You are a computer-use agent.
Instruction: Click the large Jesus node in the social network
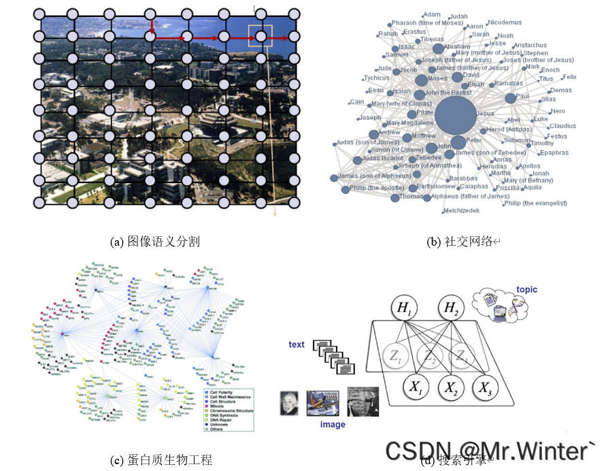click(x=455, y=114)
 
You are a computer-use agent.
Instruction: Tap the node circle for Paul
click(x=511, y=98)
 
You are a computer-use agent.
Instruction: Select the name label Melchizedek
click(x=460, y=210)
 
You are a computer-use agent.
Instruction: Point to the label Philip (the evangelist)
click(x=535, y=203)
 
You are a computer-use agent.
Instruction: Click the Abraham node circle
click(x=438, y=48)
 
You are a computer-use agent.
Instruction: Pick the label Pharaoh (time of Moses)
click(x=427, y=23)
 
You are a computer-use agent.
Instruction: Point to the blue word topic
click(x=526, y=290)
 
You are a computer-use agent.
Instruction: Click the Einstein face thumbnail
click(x=290, y=404)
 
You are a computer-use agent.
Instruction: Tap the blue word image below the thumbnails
click(x=333, y=425)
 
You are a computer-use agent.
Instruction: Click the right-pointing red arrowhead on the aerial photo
click(x=243, y=38)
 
